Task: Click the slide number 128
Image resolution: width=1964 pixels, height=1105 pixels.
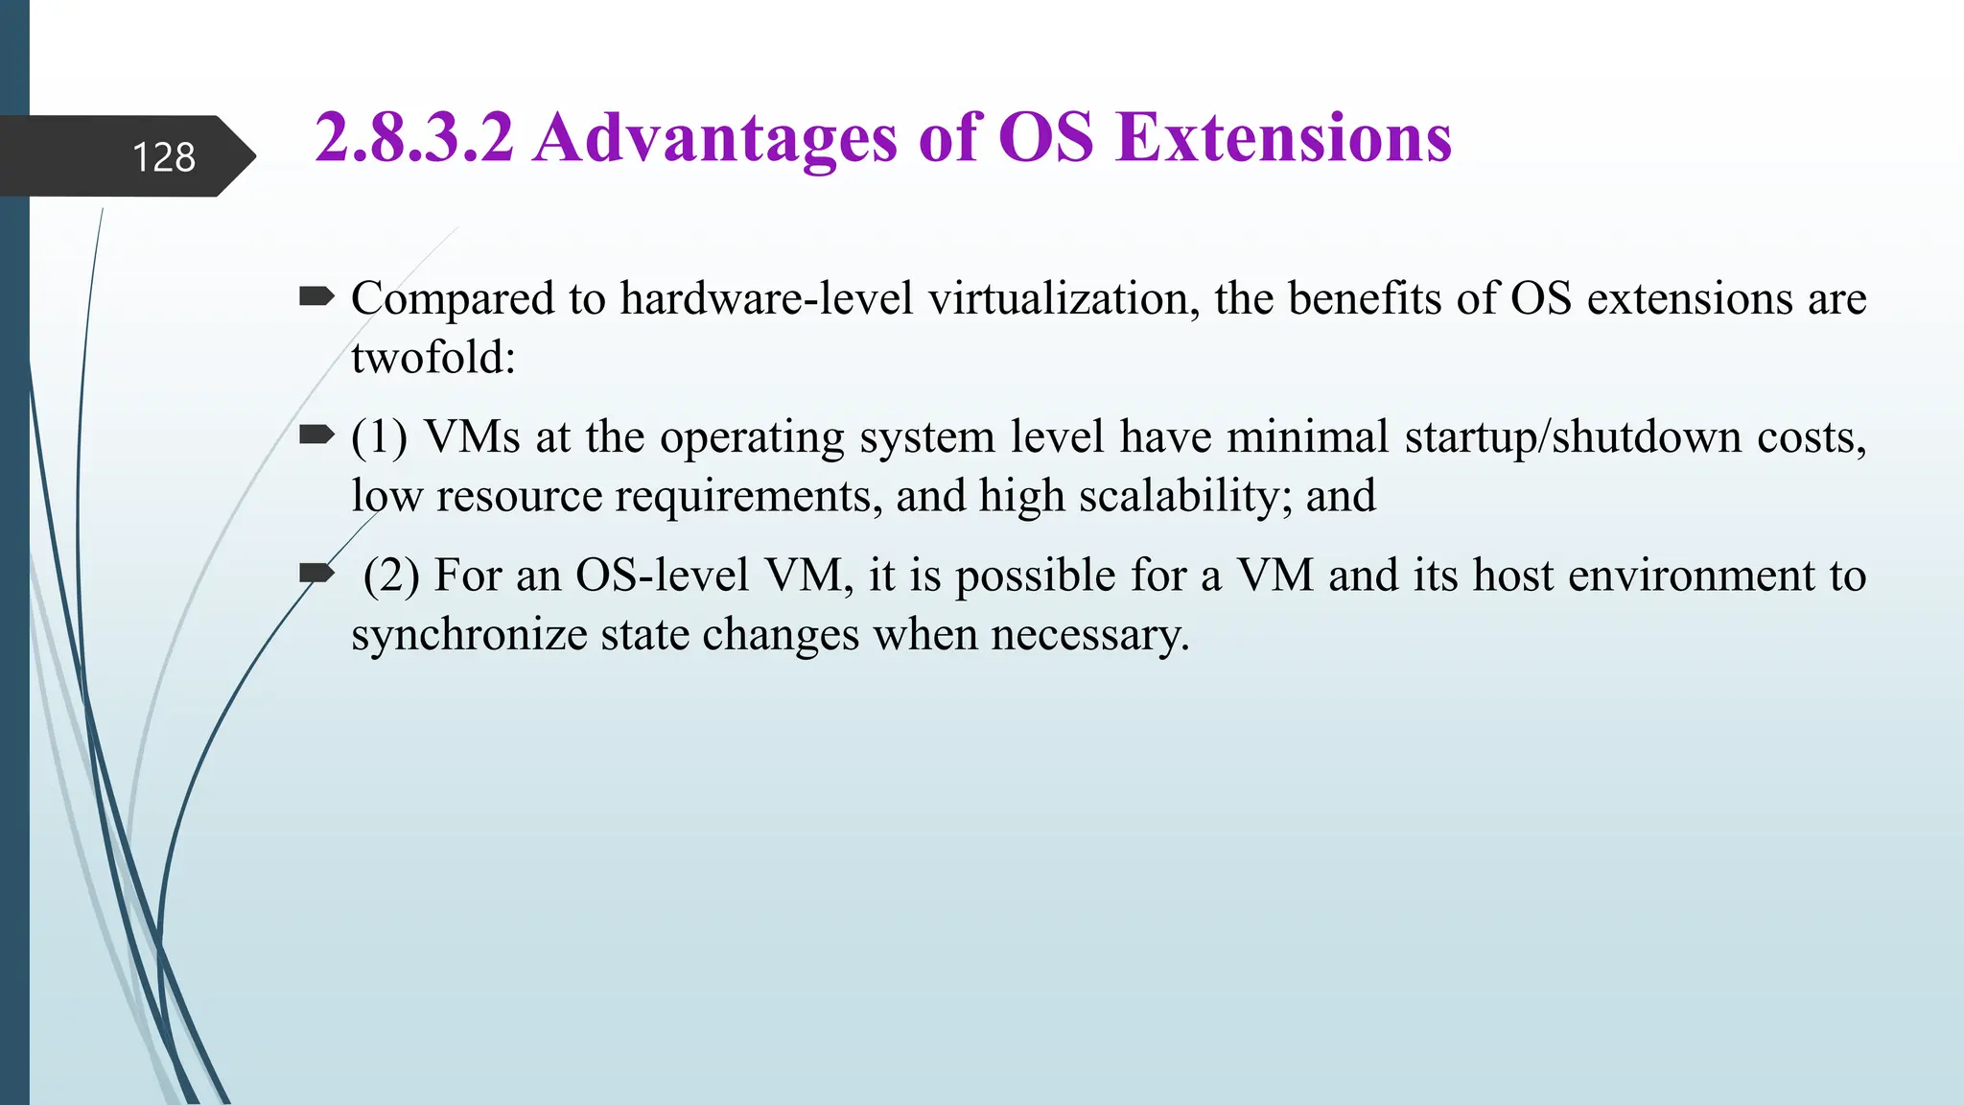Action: [163, 156]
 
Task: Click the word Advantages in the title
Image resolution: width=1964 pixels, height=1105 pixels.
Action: [715, 137]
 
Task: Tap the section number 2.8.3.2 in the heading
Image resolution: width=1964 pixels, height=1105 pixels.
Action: [414, 137]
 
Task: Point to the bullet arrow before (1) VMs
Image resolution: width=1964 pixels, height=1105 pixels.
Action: [316, 435]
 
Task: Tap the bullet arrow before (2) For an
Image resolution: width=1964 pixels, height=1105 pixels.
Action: [316, 574]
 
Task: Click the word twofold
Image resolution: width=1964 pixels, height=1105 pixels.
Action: [433, 358]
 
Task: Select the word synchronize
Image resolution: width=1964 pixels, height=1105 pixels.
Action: [468, 635]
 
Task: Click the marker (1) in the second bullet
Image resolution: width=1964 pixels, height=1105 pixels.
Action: [379, 437]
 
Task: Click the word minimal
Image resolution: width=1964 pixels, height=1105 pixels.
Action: [1307, 437]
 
